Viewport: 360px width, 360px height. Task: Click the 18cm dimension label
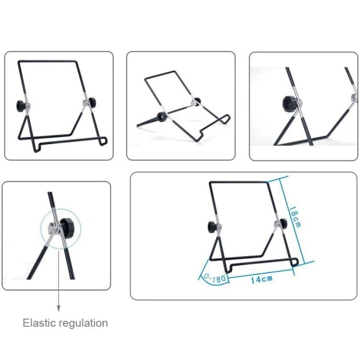tap(294, 217)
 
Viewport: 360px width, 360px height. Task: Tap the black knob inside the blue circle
tap(66, 225)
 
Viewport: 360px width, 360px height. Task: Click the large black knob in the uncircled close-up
tap(289, 103)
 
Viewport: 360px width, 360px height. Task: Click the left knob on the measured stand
tap(211, 226)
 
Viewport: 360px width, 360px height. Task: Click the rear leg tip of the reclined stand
tap(138, 125)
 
